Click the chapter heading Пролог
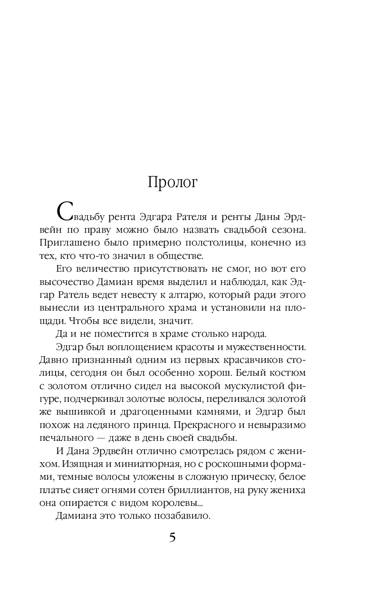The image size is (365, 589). [x=172, y=183]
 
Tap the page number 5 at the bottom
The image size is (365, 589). [x=172, y=538]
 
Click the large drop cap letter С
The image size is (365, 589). [x=66, y=210]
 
